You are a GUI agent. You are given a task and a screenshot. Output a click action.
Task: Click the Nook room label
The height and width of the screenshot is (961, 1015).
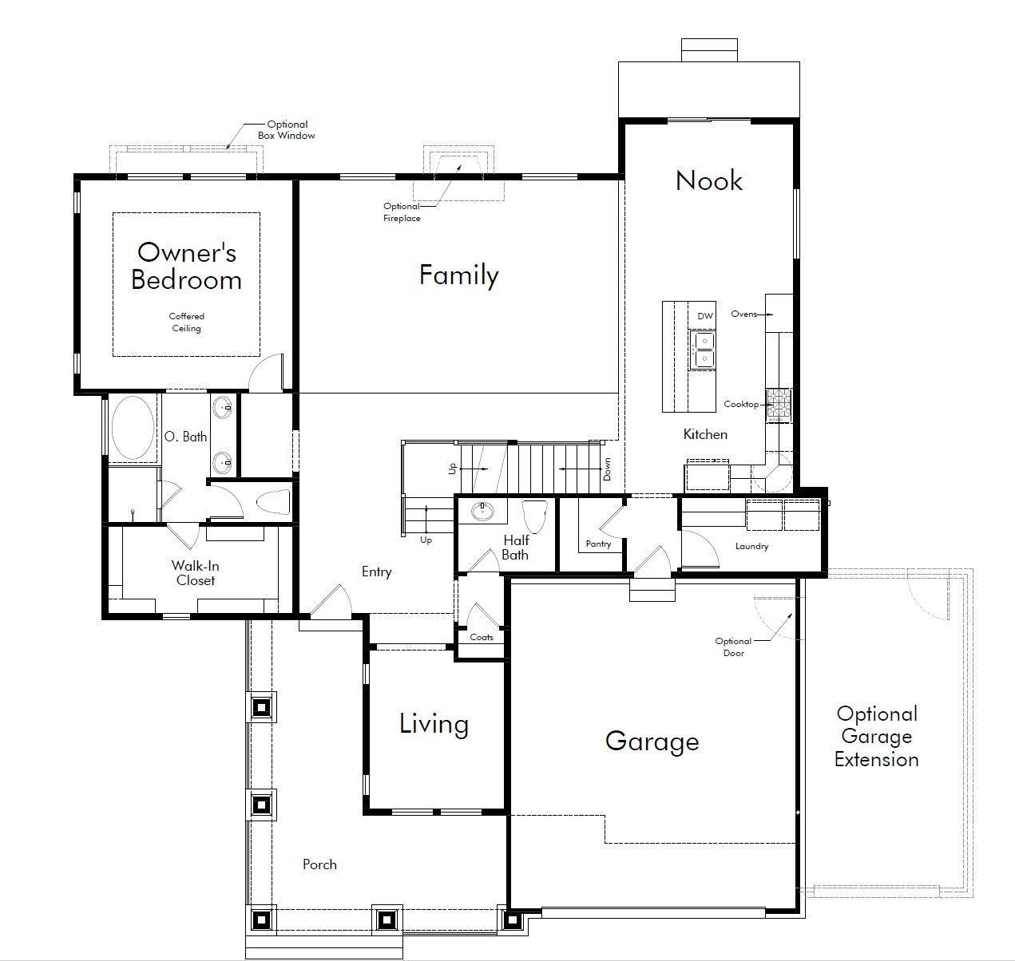tap(709, 180)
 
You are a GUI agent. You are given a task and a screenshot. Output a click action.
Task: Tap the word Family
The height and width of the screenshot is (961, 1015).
tap(458, 275)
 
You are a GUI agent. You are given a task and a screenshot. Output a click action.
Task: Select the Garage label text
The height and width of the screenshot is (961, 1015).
tap(652, 742)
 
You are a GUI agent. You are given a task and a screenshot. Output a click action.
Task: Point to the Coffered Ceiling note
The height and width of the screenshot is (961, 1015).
tap(186, 322)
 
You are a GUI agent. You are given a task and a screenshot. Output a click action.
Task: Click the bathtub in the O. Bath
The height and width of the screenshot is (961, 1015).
tap(133, 427)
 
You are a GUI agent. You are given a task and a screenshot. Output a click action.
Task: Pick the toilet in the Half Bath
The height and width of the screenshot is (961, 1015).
tap(535, 516)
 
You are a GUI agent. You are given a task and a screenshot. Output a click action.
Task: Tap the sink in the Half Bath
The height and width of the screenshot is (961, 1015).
tap(482, 512)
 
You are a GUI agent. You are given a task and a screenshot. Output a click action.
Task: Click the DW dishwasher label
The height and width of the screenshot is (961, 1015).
tap(704, 316)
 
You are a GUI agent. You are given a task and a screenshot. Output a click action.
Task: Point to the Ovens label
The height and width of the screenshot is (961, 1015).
tap(744, 314)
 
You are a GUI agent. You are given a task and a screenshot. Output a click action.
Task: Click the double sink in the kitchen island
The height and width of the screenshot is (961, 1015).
tap(704, 350)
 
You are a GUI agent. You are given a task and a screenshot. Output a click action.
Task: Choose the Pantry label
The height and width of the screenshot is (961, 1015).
tap(598, 544)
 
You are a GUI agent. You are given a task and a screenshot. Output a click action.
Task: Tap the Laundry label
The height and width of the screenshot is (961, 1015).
tap(751, 547)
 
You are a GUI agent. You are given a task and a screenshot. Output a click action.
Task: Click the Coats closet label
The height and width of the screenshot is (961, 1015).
tap(482, 638)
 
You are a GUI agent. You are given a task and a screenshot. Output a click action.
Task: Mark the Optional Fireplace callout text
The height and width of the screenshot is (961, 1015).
tap(402, 212)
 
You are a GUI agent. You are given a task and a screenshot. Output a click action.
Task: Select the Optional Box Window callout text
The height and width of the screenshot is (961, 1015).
tap(287, 129)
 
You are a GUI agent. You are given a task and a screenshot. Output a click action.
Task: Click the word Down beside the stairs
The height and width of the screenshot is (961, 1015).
tap(607, 469)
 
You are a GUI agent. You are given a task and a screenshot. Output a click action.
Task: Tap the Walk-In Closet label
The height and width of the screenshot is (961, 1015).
tap(195, 573)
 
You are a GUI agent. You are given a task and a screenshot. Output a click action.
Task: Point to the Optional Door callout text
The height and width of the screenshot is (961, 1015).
tap(733, 647)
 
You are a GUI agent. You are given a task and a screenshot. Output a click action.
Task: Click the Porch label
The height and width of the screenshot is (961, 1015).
tap(319, 864)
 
